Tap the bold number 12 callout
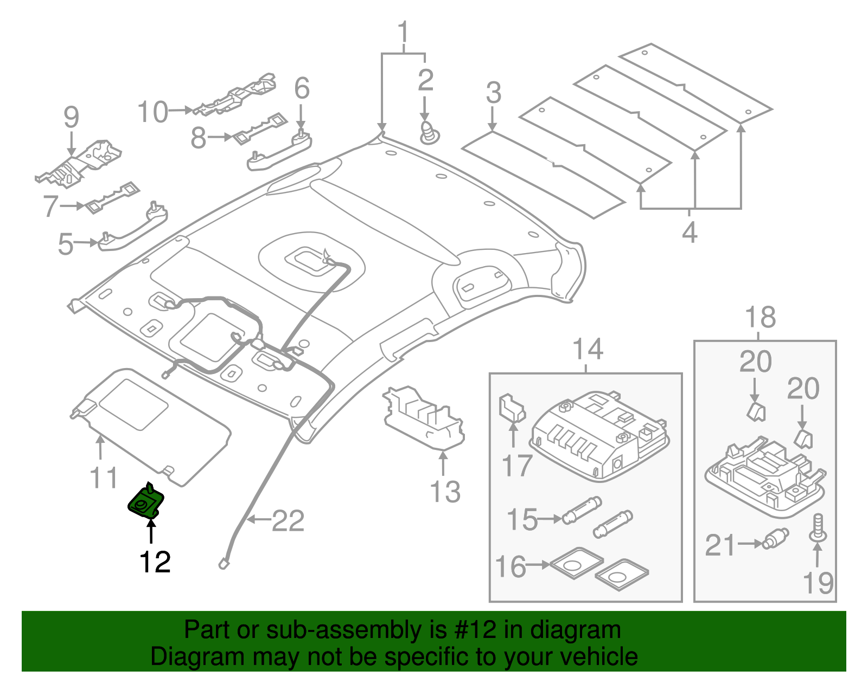[155, 563]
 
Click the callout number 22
[288, 521]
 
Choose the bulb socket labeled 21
[775, 539]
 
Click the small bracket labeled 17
[511, 408]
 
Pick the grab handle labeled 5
[133, 228]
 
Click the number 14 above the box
[588, 350]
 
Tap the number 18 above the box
[761, 318]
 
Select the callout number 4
[690, 233]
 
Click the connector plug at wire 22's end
[224, 564]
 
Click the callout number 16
[511, 567]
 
